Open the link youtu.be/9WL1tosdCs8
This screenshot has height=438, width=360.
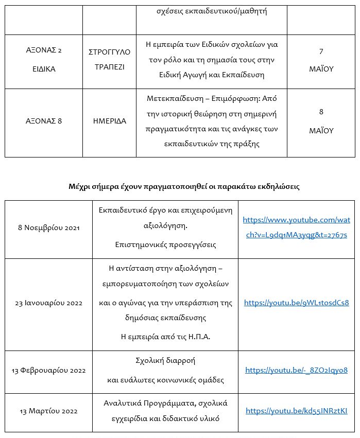(296, 303)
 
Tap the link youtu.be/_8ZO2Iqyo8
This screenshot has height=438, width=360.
(296, 370)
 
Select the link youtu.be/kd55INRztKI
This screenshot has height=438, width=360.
(296, 411)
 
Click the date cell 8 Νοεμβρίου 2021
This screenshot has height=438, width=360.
(48, 227)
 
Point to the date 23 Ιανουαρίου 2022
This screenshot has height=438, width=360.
(48, 303)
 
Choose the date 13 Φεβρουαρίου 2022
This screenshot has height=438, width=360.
(48, 371)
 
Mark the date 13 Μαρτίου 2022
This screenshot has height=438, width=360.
(48, 411)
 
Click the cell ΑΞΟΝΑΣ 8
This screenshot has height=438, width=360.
(44, 121)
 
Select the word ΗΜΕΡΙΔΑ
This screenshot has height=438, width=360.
(109, 121)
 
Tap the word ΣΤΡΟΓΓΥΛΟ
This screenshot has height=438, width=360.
(109, 52)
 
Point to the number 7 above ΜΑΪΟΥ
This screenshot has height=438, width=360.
(321, 51)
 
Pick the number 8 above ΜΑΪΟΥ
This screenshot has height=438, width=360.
(321, 111)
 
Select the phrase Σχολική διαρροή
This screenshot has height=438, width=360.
(165, 361)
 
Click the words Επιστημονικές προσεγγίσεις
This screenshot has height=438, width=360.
(165, 245)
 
